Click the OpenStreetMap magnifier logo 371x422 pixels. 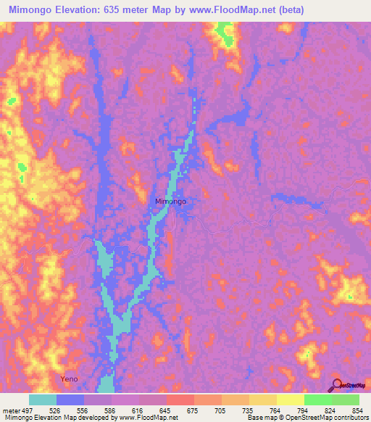click(x=338, y=385)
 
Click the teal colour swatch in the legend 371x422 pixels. click(x=43, y=400)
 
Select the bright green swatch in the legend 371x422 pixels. click(x=318, y=400)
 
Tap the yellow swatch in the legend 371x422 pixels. click(x=291, y=400)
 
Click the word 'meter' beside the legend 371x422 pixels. click(x=11, y=410)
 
